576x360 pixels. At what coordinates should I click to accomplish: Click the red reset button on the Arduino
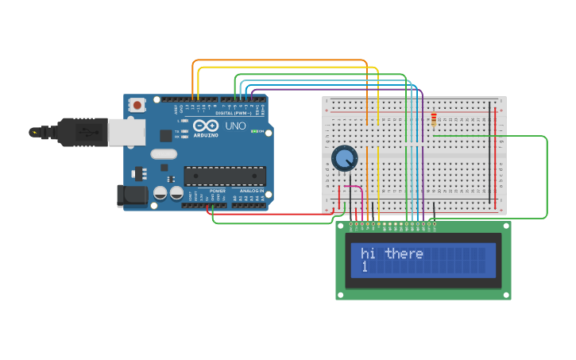(x=138, y=105)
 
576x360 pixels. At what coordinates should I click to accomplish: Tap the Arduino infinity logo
(x=204, y=126)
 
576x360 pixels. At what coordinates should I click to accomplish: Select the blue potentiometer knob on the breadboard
(x=344, y=158)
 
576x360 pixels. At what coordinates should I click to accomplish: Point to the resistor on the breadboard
(x=434, y=120)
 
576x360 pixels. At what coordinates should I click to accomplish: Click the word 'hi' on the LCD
(x=368, y=254)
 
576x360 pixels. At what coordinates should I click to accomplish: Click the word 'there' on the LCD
(x=404, y=254)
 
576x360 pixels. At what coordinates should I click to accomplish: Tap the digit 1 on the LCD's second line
(x=365, y=267)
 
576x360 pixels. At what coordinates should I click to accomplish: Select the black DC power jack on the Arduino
(x=131, y=196)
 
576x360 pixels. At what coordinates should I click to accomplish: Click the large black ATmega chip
(x=225, y=176)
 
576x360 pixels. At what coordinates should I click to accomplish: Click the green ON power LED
(x=253, y=132)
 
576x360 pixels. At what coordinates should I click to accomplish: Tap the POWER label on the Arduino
(x=218, y=191)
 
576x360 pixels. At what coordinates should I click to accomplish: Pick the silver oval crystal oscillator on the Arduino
(x=162, y=154)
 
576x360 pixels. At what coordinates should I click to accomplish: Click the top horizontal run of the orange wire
(x=278, y=60)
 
